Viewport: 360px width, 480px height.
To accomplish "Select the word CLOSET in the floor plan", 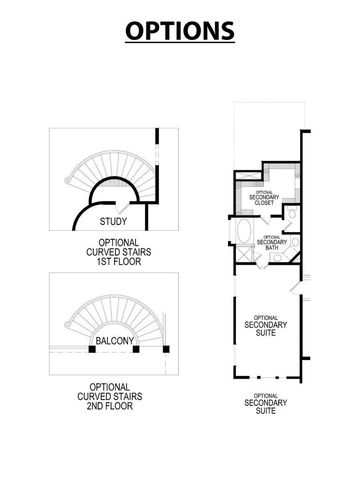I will (265, 203).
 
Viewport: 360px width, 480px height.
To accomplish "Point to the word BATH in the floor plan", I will (272, 249).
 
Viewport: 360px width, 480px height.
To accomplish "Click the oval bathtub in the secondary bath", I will (244, 241).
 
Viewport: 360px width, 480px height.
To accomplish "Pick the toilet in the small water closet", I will (287, 216).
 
